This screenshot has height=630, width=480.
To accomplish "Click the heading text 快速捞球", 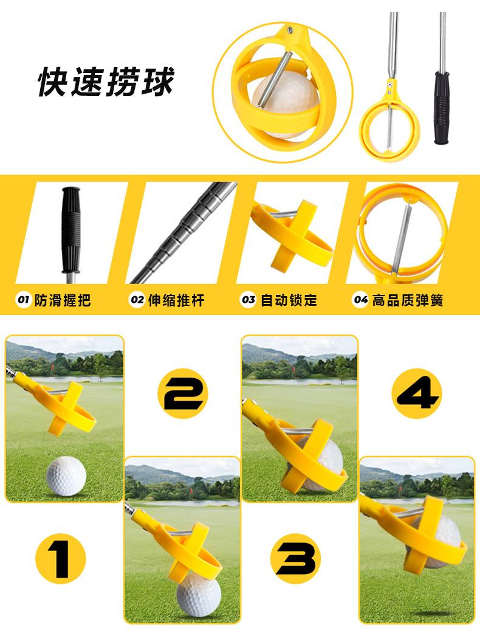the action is pos(106,81).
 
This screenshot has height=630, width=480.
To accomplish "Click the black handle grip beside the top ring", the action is pos(442,107).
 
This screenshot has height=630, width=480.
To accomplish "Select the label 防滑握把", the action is pos(63,300).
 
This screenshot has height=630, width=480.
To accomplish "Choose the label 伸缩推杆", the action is pos(176,300).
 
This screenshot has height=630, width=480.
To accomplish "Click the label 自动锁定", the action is pos(289,300).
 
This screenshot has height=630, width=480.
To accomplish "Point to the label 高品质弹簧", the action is pos(407,300).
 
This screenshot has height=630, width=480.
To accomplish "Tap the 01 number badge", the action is pos(23,300).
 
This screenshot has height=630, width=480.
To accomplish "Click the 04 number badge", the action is pos(360,300).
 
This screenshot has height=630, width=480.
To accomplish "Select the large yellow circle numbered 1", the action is pos(61,558).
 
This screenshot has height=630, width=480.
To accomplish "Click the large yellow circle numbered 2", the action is pos(183,393).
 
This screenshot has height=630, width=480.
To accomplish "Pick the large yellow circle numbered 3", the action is pos(296,558).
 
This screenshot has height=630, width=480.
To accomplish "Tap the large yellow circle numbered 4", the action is pos(417,393).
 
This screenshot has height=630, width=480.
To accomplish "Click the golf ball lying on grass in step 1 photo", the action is pos(66,476).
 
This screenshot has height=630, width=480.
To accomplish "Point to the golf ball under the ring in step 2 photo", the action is pos(199,594).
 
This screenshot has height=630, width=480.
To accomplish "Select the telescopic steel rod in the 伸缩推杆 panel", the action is pos(184,232).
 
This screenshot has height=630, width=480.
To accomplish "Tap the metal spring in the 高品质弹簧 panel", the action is pos(402,238).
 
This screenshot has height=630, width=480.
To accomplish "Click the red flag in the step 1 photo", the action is pos(52,367).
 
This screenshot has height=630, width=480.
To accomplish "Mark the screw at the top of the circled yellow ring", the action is pos(289,29).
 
